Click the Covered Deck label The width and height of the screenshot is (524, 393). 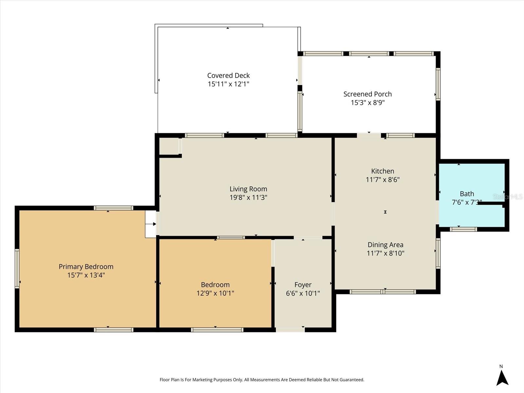pos(228,76)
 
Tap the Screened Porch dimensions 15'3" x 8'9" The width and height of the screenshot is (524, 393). pos(367,103)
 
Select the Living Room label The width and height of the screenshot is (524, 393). pos(248,189)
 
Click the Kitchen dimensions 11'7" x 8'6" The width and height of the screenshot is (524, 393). pos(383,179)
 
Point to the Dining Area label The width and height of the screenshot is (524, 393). pos(385,245)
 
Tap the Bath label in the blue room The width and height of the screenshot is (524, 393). pos(467,194)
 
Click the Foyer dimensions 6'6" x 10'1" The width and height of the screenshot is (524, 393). pos(303,293)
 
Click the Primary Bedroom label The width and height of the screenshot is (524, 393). pos(86,267)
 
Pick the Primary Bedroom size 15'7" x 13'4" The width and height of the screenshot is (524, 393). pos(86,275)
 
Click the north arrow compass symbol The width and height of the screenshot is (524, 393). pos(502,378)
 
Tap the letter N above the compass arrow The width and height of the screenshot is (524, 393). pos(501,366)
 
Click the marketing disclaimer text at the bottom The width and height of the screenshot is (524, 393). pos(262,380)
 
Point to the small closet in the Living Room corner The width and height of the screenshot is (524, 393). pos(169,146)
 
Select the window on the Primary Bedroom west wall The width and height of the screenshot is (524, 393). pos(17,269)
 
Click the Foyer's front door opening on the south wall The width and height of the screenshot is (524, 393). pos(290,330)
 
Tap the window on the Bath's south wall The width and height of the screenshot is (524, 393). pos(463,229)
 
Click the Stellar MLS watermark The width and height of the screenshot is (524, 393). pos(508,196)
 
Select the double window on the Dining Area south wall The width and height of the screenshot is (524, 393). pos(383,292)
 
